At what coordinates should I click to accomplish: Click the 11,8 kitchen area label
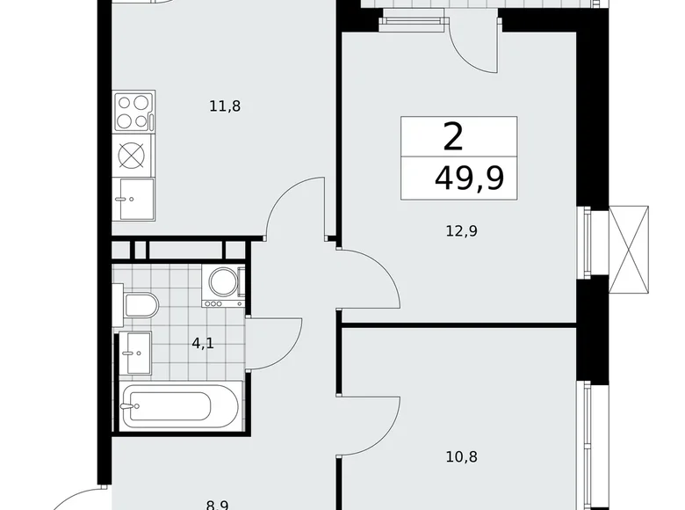pos(225,106)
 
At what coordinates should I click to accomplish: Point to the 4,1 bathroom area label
pos(203,344)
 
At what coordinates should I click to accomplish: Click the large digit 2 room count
pos(453,137)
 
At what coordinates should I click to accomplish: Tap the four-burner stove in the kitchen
pos(133,112)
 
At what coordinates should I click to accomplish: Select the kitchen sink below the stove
pos(133,199)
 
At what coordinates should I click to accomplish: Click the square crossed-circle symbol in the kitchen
pos(133,155)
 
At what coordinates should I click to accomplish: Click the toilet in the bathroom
pos(138,306)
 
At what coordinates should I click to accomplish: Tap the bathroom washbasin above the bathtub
pos(134,353)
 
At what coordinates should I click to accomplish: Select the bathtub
pos(179,406)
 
